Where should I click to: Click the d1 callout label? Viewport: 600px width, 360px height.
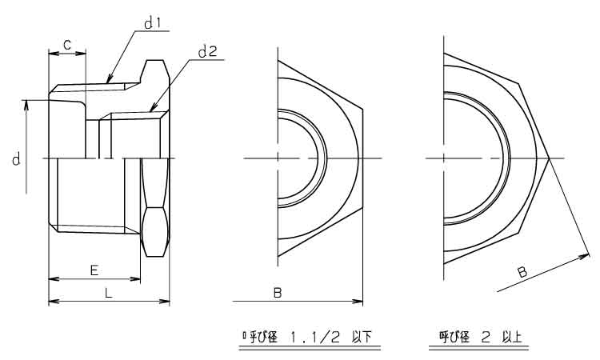(152, 24)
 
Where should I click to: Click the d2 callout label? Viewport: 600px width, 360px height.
(208, 51)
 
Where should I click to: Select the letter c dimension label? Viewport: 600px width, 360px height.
(67, 45)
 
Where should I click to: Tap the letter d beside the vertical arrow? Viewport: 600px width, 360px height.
(16, 158)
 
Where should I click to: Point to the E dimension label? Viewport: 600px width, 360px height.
(94, 270)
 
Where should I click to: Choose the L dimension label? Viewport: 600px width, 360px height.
(109, 294)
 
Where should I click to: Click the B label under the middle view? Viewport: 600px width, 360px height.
(278, 294)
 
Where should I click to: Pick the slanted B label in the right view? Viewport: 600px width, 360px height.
(522, 272)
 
